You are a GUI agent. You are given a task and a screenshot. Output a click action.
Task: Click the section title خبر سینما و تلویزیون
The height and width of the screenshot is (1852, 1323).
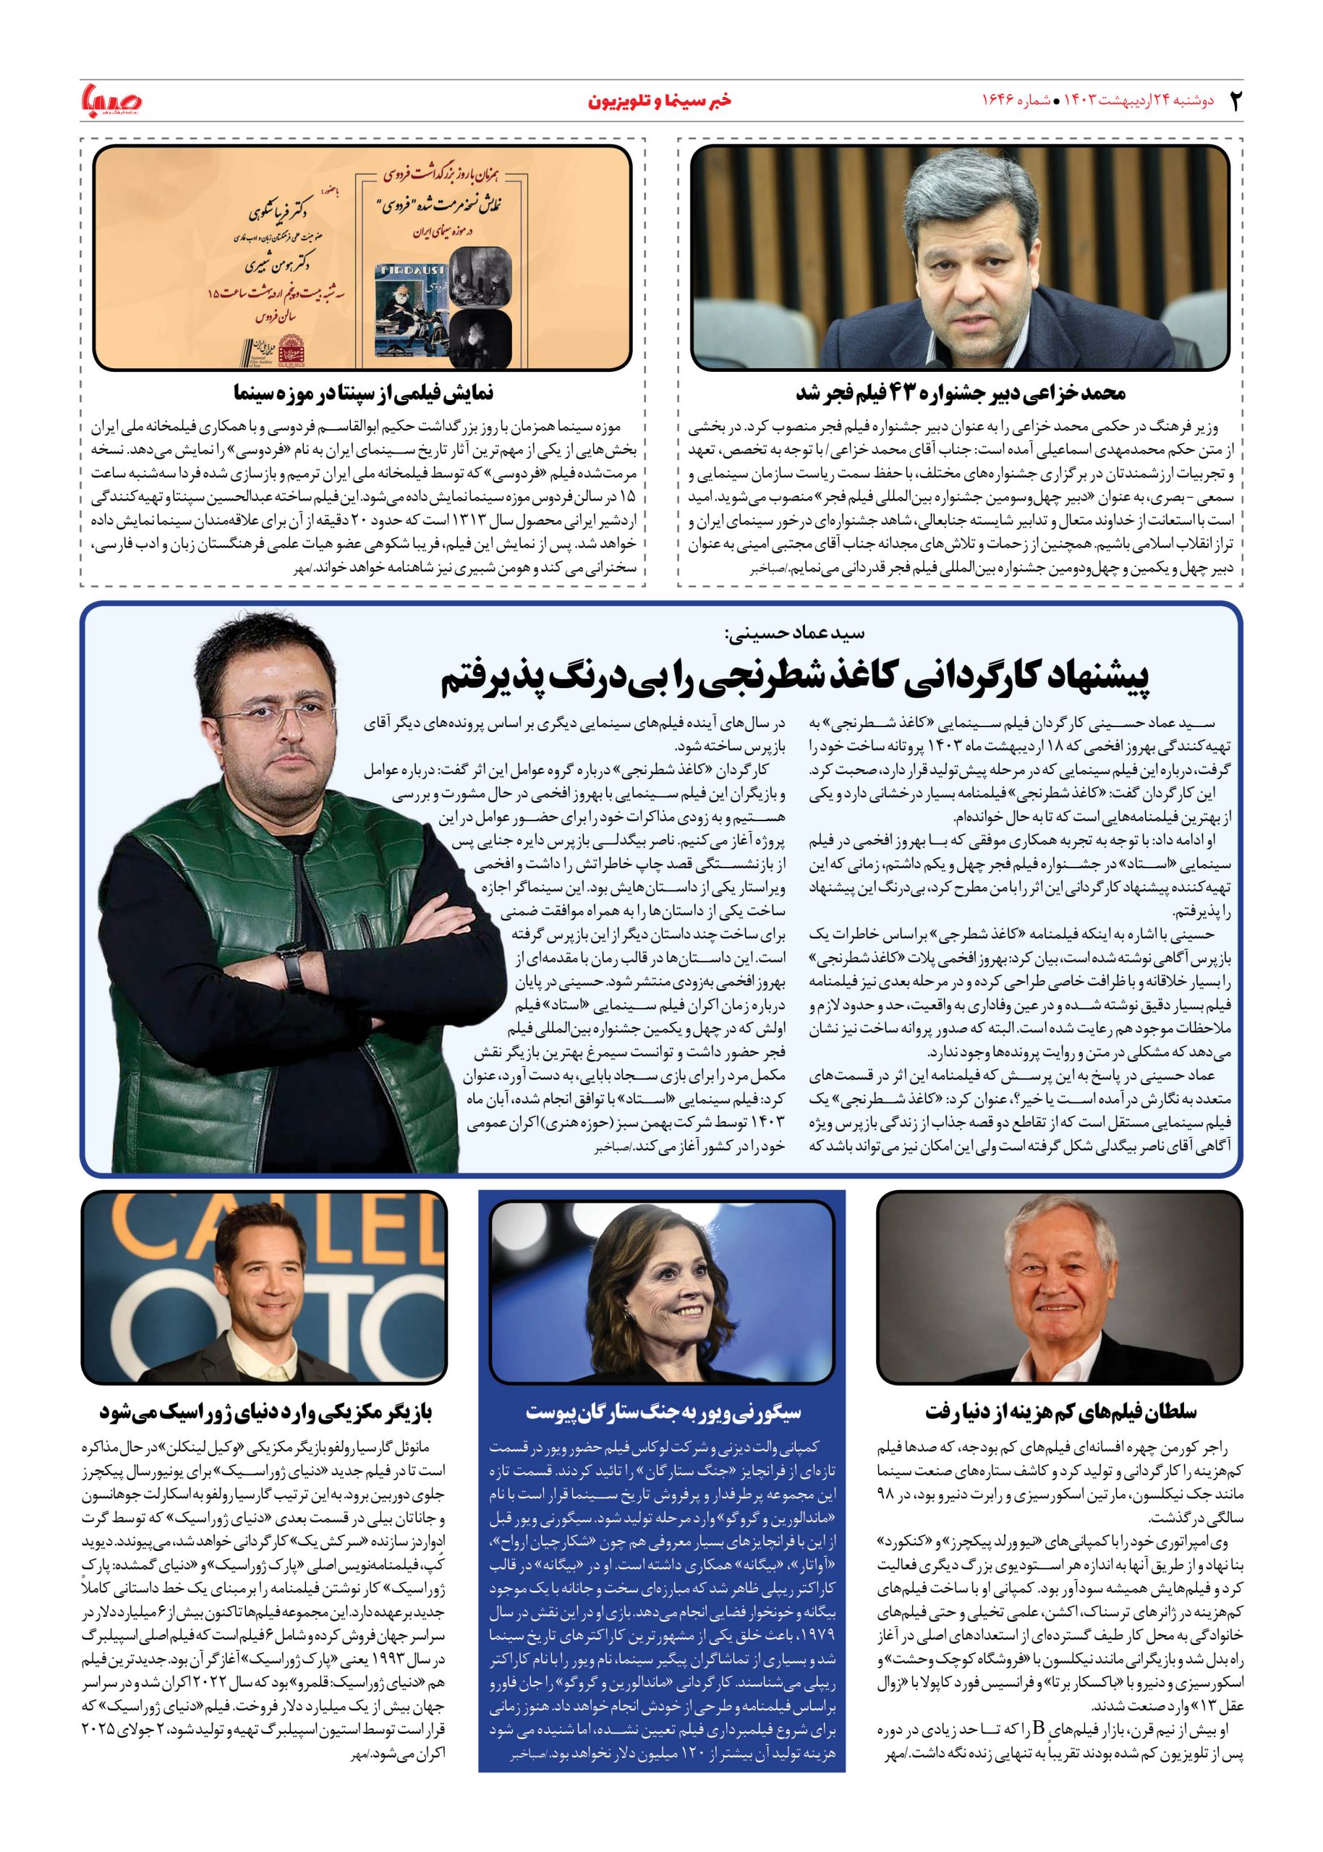pyautogui.click(x=660, y=102)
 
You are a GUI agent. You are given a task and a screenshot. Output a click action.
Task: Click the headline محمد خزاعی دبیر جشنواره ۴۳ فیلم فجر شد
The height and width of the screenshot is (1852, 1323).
pyautogui.click(x=961, y=393)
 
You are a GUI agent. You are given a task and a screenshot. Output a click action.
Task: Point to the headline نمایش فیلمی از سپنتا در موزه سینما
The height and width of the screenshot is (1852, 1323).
pyautogui.click(x=362, y=393)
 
